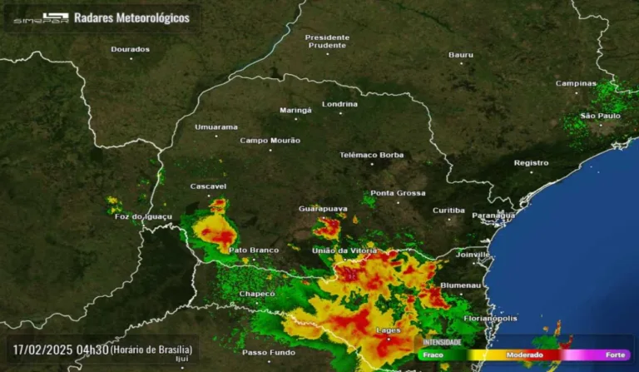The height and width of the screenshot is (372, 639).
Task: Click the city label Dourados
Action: pos(131,49)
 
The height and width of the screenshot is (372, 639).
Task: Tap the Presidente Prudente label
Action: pos(327,41)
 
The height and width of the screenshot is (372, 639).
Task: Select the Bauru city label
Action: pos(461,55)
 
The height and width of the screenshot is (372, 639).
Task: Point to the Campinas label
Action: pos(577,83)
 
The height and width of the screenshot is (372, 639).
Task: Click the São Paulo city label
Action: pos(600,116)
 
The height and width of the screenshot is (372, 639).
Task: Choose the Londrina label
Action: pos(339,104)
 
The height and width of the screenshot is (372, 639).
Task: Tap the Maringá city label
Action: pos(295,110)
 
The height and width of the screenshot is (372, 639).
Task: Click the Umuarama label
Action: pos(215,127)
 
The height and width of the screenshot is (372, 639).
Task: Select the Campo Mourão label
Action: pos(270,141)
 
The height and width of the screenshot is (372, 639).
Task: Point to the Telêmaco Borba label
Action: pos(371,155)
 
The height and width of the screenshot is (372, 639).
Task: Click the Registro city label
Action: pos(531,163)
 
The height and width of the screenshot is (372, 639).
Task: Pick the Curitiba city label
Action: pos(448,211)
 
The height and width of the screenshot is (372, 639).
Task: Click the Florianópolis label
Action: pos(490,318)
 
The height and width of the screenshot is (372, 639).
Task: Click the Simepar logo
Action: pos(41,17)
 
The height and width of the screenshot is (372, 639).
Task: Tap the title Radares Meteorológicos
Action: pos(131,17)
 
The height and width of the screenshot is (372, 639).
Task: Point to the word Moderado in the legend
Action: pos(525,355)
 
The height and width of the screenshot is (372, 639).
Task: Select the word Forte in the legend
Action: pos(616,355)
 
